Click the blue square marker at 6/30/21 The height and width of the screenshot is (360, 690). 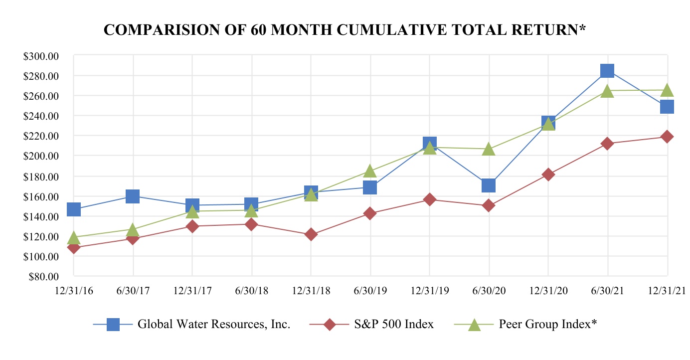point(607,71)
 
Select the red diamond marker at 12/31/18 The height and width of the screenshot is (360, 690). point(311,234)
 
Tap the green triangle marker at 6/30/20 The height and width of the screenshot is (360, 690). point(489,149)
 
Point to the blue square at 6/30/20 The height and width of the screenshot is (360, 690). point(489,185)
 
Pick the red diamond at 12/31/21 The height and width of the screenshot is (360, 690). point(667,137)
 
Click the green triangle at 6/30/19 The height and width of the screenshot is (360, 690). point(370,171)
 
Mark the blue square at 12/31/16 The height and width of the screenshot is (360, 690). point(74,209)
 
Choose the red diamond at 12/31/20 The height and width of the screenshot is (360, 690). point(548,175)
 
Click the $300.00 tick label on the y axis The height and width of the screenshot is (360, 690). point(41,56)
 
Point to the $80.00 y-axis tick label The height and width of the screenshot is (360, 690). point(44,276)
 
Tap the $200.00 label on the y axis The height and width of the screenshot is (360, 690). point(41,156)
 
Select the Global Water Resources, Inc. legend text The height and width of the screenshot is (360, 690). point(214,325)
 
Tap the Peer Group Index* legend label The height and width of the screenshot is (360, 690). point(548,325)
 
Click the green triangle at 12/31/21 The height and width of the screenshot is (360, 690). point(667,90)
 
